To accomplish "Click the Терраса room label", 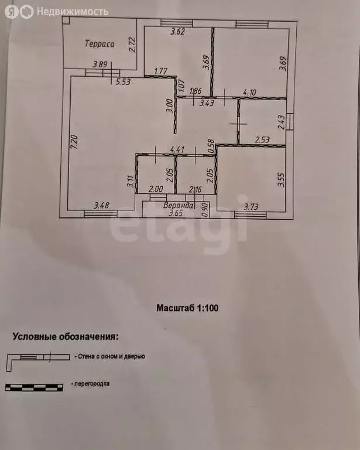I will tap(99, 43).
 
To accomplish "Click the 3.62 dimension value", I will tap(177, 32).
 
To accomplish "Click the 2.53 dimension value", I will tap(263, 139).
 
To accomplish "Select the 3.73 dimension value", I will tap(251, 206).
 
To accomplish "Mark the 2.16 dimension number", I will tap(196, 189).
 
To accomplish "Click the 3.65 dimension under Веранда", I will tap(176, 214).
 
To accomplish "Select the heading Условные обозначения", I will tap(65, 337).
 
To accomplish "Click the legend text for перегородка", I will tap(92, 384).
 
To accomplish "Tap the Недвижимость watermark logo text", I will tap(72, 11).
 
